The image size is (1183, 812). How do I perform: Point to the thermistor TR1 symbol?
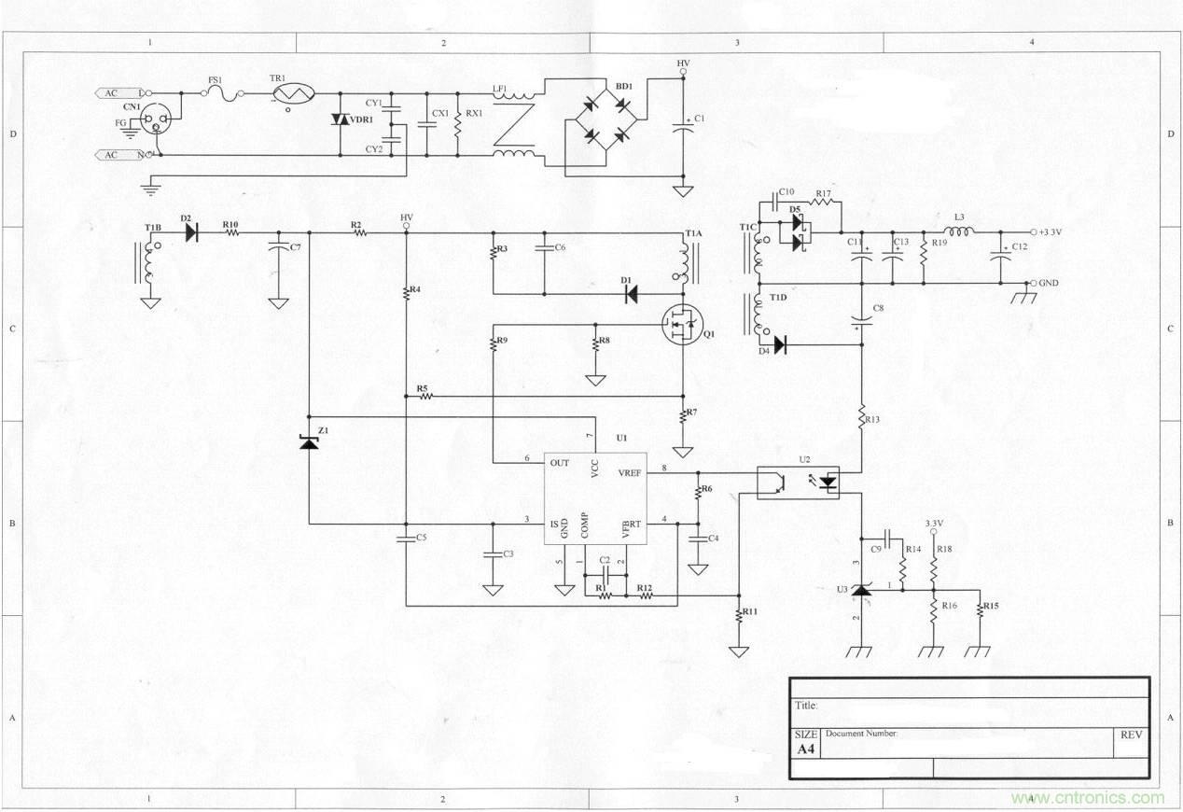292,93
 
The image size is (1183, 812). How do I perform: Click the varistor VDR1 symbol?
340,120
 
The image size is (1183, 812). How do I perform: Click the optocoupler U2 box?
798,483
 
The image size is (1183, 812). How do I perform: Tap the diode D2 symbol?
191,232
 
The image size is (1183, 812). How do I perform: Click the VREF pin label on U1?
630,473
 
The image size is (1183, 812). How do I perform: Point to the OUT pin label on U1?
560,463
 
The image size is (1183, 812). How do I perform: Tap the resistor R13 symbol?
862,418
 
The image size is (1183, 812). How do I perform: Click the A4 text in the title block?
804,749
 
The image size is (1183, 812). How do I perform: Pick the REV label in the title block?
1131,735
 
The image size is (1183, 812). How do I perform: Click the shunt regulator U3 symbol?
860,589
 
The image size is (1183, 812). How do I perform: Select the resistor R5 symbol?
426,397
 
